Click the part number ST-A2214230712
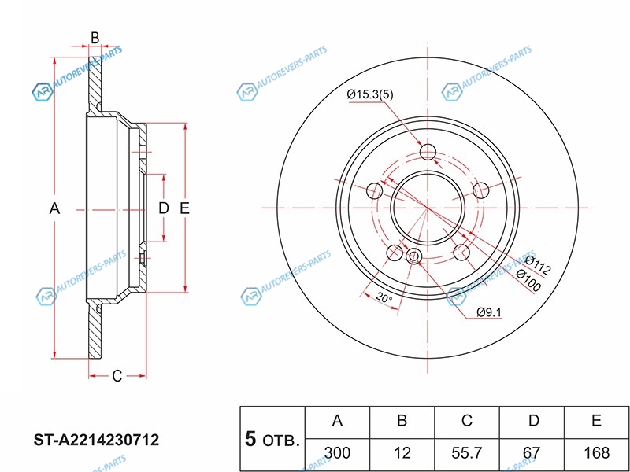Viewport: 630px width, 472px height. coord(96,440)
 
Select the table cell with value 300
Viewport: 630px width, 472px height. coord(338,453)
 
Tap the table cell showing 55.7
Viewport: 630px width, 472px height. coord(466,453)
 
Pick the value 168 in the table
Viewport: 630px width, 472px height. coord(597,453)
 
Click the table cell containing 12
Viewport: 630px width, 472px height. coord(402,453)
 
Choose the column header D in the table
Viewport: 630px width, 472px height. coord(533,420)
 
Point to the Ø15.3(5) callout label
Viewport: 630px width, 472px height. coord(370,94)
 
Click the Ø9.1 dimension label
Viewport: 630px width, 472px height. coord(489,312)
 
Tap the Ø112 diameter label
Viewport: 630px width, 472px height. coord(538,265)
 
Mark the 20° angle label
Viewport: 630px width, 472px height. coord(384,298)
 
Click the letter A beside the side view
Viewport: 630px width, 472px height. coord(54,208)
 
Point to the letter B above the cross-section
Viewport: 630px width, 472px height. coord(94,38)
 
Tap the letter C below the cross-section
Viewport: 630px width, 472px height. coord(117,376)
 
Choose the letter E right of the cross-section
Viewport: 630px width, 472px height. coord(184,208)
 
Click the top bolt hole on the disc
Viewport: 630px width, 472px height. coord(428,152)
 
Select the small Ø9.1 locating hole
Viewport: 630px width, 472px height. coord(413,256)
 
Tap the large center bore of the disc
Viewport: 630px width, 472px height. coord(428,208)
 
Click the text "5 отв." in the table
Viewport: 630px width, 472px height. coord(272,440)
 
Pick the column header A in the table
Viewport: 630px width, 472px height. coord(338,420)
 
